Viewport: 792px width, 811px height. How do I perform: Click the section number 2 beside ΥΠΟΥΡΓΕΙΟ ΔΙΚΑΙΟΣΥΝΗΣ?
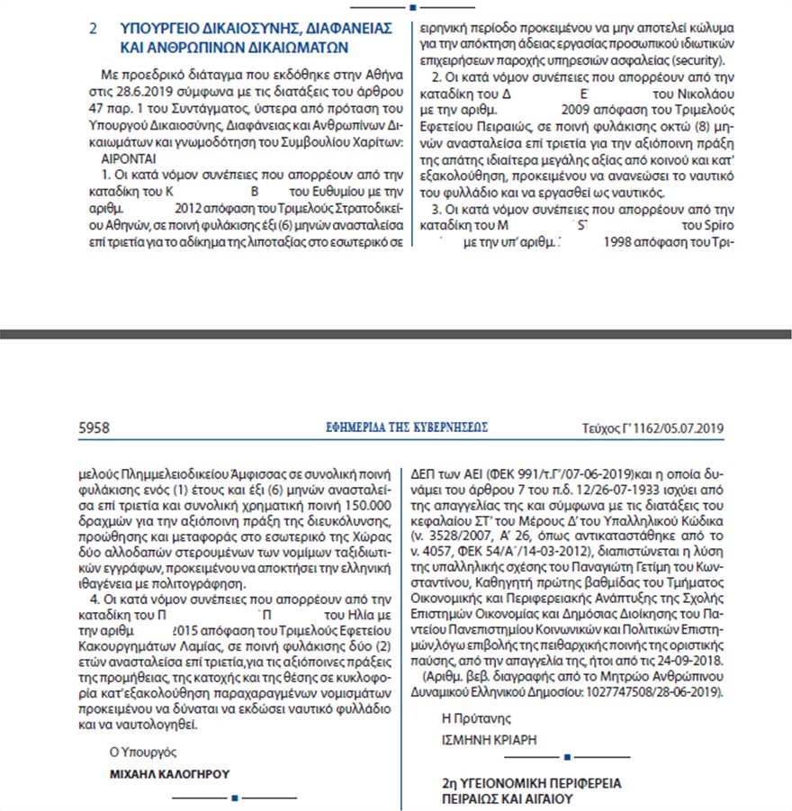(x=93, y=30)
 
